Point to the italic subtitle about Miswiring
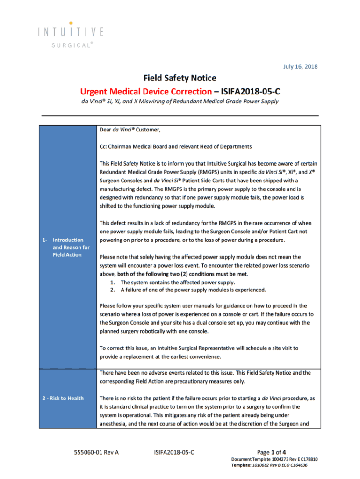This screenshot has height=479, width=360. coord(180,102)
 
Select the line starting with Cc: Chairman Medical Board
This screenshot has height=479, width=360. coord(175,146)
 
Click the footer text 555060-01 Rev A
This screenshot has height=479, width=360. coord(96,452)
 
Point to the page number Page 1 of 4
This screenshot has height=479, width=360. coord(269,452)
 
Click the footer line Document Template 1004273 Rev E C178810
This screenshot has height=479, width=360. coord(274,459)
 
